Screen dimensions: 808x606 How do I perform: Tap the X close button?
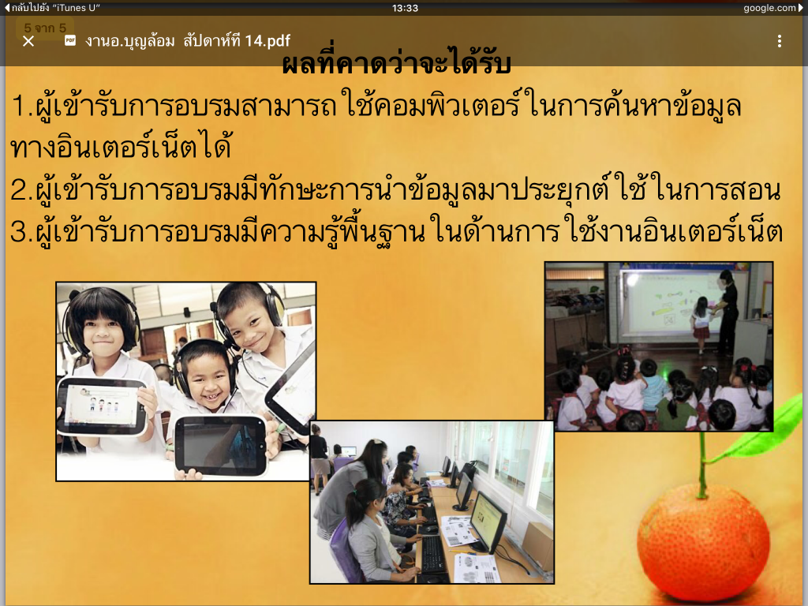point(28,41)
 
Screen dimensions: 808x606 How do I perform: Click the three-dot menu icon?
point(779,41)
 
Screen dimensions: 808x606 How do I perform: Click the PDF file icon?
point(70,41)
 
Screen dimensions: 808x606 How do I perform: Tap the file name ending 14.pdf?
point(188,41)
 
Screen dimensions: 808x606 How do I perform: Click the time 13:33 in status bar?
point(405,8)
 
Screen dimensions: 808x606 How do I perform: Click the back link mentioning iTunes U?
point(52,8)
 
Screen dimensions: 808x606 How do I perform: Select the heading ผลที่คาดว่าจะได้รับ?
point(396,62)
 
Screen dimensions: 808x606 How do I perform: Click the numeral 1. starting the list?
point(22,106)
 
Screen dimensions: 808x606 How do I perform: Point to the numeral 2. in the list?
point(21,190)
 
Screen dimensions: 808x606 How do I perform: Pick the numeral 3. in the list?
point(21,231)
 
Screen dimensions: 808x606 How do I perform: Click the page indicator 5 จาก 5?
point(45,28)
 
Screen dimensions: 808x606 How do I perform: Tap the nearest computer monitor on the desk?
point(488,522)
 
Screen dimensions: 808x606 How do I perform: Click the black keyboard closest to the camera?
point(433,553)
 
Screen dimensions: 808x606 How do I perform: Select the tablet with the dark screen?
point(221,445)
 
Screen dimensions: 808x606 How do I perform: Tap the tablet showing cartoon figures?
point(101,406)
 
